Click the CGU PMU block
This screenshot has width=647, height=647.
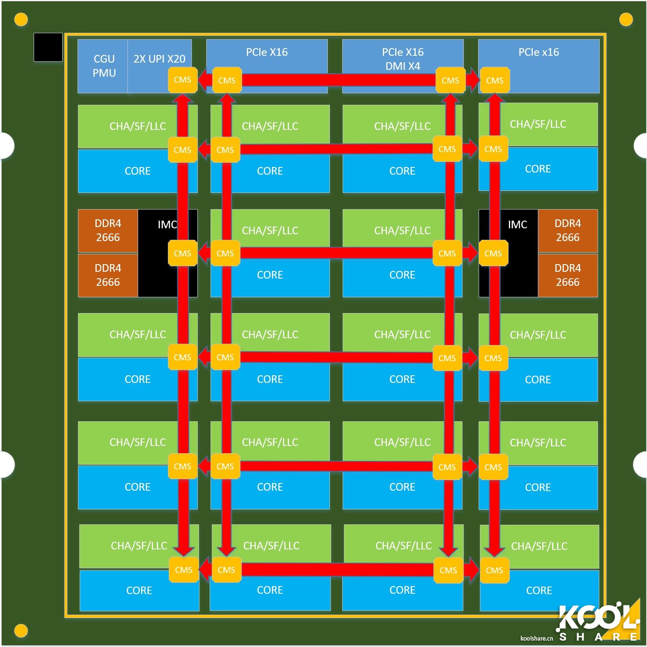pos(104,66)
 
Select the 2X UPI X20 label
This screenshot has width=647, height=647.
pos(159,59)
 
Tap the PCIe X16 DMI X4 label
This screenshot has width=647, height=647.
pos(402,59)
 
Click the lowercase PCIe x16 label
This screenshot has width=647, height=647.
pos(538,52)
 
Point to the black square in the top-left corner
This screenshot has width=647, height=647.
pos(48,47)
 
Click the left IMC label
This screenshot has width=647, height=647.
pos(167,224)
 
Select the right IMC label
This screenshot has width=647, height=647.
pos(517,224)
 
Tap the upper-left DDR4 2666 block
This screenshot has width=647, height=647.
pos(108,230)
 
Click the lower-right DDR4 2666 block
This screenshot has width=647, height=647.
pos(567,275)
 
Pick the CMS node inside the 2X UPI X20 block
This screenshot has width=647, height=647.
pos(182,80)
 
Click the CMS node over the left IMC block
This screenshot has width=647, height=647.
pos(182,253)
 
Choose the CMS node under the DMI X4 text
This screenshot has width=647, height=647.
pos(450,80)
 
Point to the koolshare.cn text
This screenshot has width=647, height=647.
pos(536,638)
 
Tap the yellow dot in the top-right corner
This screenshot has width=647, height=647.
pos(625,19)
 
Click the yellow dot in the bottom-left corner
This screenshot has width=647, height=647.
pos(21,630)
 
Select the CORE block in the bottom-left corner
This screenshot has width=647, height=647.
pos(139,590)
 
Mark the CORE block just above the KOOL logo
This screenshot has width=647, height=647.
pos(539,590)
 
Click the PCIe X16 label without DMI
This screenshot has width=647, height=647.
pos(267,52)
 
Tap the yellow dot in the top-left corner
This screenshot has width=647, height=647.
pos(21,19)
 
